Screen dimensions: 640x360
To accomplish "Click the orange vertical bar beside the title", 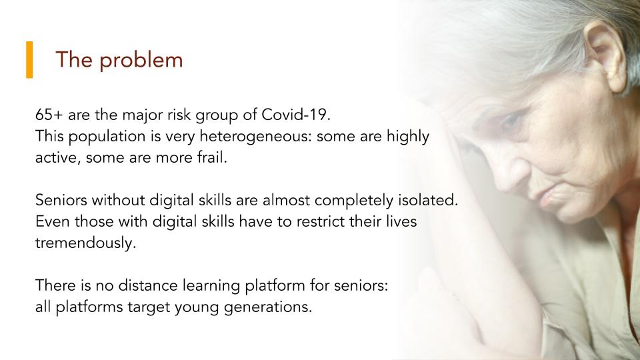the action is click(29, 59).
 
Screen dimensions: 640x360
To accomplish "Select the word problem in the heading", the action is click(141, 61).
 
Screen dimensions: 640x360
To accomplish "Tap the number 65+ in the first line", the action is click(49, 115).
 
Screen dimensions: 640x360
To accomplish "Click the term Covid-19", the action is click(296, 115).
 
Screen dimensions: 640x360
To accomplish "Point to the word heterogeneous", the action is click(255, 137).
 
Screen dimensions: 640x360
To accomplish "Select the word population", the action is click(107, 137).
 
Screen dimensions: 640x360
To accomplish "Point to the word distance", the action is click(148, 285).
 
